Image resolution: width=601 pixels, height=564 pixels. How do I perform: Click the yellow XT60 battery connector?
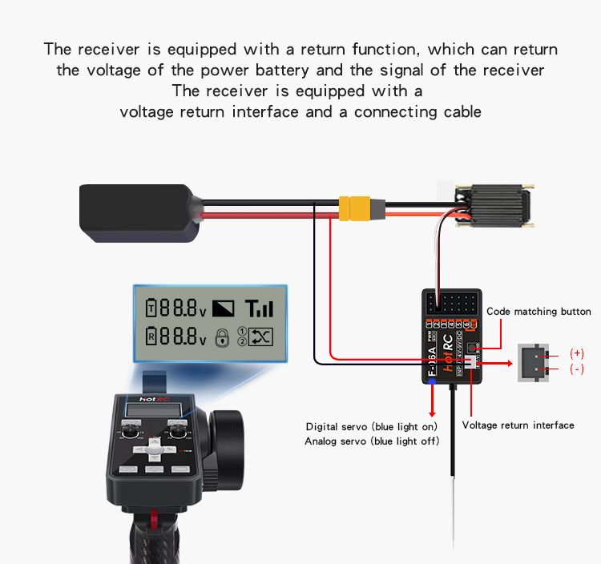pos(361,207)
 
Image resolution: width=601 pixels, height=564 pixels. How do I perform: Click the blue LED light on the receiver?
pos(434,383)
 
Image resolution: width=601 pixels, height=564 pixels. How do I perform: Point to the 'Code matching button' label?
pos(538,312)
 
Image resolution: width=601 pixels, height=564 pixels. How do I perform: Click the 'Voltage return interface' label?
pos(518,425)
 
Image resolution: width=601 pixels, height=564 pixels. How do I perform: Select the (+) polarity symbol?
pos(576,353)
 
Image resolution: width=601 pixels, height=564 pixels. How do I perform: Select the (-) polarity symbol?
pos(576,369)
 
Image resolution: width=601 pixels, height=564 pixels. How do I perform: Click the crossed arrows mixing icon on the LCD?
pos(261,337)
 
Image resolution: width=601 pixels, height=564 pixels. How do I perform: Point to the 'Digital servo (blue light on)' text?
pos(371,426)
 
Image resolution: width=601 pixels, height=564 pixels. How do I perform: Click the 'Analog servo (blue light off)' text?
pos(371,441)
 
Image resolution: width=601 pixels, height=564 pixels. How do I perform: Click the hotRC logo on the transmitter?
pos(152,398)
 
